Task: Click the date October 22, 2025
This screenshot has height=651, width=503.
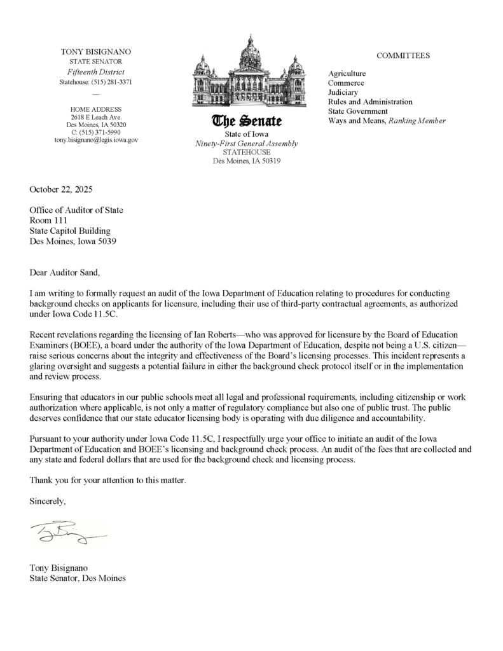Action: [x=61, y=189]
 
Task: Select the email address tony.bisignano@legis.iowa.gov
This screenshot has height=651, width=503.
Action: [x=96, y=140]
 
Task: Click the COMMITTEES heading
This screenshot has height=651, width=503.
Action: [x=403, y=56]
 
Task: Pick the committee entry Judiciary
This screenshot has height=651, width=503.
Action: [x=343, y=92]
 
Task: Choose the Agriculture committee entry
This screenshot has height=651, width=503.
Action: [x=347, y=74]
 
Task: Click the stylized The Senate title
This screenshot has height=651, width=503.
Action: [x=247, y=121]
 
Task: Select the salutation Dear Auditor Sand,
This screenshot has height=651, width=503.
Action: [x=65, y=273]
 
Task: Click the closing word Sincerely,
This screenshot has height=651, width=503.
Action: [x=48, y=501]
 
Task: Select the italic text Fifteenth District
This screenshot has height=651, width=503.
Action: [x=96, y=72]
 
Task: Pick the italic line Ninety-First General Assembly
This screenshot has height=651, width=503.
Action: [x=247, y=144]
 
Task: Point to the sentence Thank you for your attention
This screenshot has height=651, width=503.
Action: [x=108, y=480]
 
